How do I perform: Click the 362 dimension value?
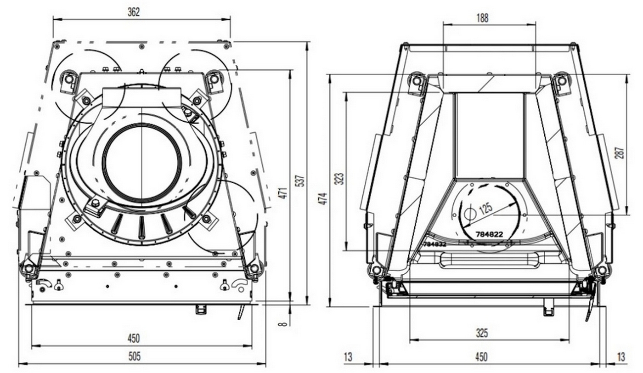134,12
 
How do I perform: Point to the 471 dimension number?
283,193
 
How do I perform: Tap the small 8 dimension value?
283,323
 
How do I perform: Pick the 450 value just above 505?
134,339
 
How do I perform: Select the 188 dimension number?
482,18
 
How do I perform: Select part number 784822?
489,234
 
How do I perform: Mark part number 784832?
434,244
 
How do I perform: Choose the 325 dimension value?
482,333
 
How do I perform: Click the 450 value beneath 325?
481,356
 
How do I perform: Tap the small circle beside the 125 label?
469,213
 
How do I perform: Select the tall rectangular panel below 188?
490,135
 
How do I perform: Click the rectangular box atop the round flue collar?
142,97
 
